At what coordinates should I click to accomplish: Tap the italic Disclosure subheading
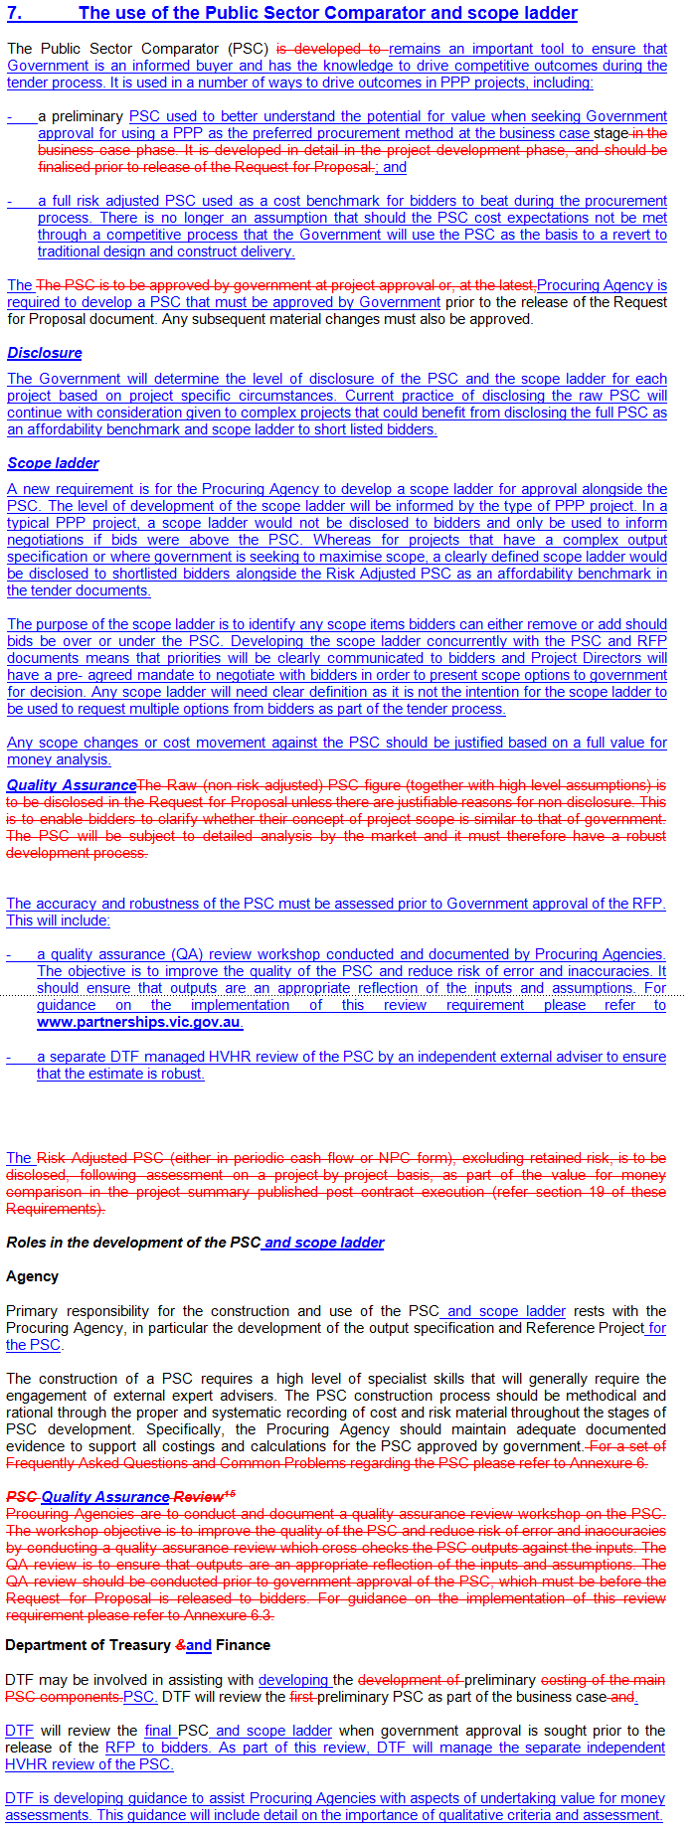[x=45, y=353]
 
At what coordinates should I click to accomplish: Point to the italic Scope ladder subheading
[x=53, y=463]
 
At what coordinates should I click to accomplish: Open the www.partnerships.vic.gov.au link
[x=139, y=1022]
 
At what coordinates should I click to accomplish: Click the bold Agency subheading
[x=32, y=1276]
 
